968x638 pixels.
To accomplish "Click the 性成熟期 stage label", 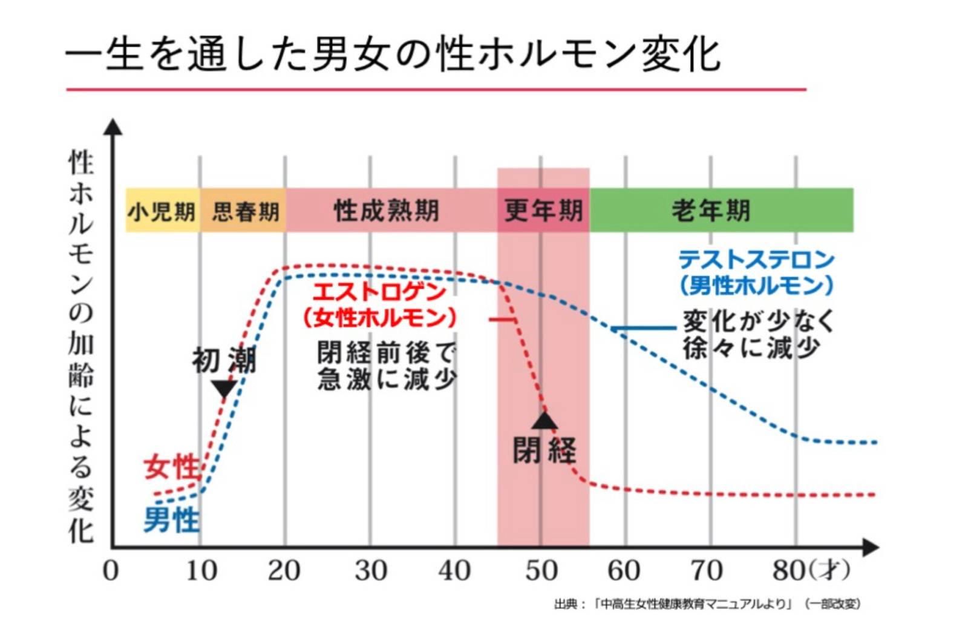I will (387, 211).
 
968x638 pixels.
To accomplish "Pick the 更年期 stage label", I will (543, 211).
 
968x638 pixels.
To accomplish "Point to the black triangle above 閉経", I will (544, 420).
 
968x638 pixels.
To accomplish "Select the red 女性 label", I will (171, 467).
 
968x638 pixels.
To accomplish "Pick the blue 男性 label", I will (171, 520).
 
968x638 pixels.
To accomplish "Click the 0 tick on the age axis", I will (111, 570).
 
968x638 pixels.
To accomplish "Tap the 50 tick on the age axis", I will (540, 570).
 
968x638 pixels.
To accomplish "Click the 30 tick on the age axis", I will (370, 570).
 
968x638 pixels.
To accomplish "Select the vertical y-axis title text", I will (80, 345).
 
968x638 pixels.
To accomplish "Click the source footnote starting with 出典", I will (707, 604).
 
